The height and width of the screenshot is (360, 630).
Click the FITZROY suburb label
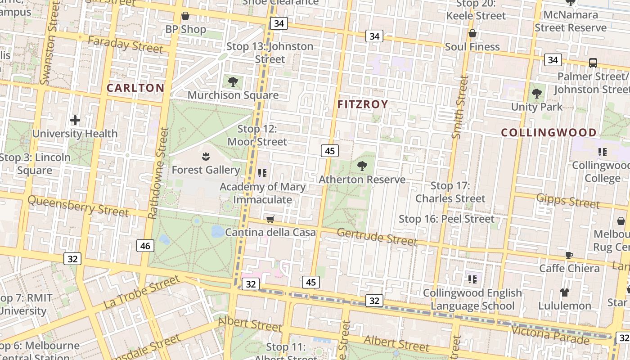click(x=363, y=104)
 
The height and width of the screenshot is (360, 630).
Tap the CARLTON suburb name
click(x=135, y=88)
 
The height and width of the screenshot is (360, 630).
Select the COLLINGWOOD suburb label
click(x=549, y=133)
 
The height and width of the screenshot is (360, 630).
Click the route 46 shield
click(x=145, y=246)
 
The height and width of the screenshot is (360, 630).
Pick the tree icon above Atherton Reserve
click(x=362, y=166)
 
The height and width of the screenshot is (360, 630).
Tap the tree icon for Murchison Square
click(x=233, y=81)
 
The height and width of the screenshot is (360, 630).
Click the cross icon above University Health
click(x=75, y=120)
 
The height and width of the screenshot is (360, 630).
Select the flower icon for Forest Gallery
click(x=206, y=157)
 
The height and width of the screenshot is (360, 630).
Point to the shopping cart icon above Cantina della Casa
click(x=270, y=219)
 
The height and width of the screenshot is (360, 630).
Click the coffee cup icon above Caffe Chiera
click(x=569, y=255)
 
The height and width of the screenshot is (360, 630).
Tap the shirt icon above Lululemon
click(x=565, y=292)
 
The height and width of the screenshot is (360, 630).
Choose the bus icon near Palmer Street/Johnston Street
click(x=593, y=63)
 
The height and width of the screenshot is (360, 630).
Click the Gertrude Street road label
click(x=377, y=237)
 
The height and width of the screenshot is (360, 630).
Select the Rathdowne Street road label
click(x=158, y=173)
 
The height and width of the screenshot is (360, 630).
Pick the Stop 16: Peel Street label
click(x=446, y=219)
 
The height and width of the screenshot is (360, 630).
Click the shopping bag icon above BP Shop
click(x=185, y=16)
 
